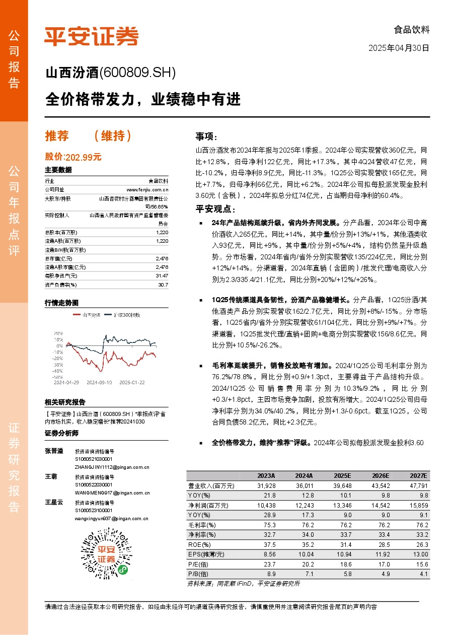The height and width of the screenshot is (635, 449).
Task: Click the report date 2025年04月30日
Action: [x=399, y=48]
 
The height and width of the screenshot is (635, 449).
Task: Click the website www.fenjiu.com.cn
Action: [x=151, y=190]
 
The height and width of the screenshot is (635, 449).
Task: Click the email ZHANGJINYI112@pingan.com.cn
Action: [x=112, y=467]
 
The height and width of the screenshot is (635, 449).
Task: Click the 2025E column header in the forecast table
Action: [x=342, y=476]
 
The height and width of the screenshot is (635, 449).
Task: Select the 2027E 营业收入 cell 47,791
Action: [x=417, y=485]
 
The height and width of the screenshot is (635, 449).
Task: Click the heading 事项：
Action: [x=206, y=136]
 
